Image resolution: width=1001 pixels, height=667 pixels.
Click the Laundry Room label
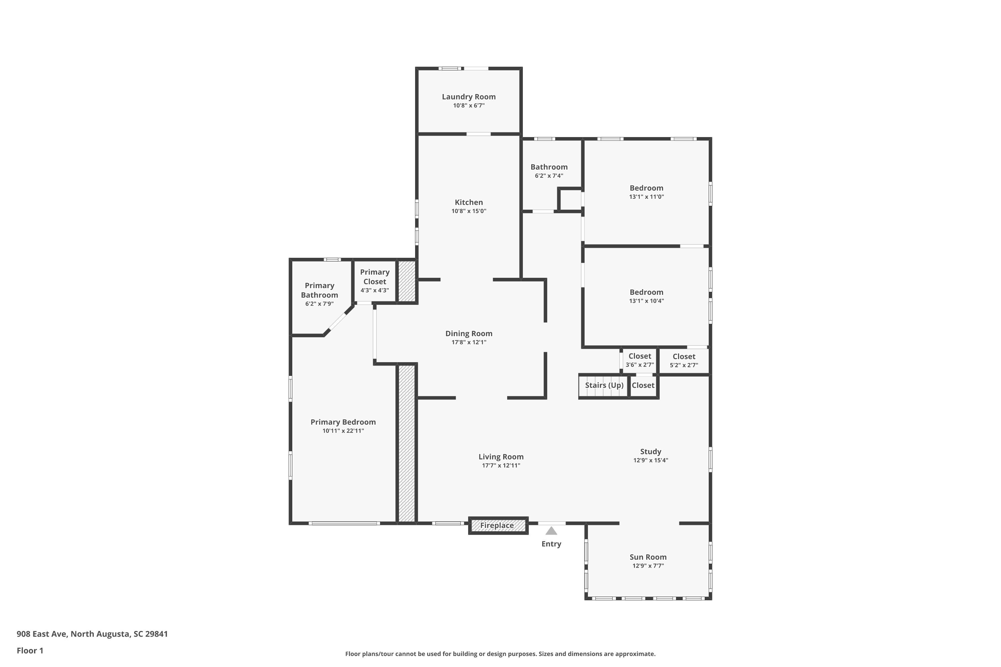(468, 97)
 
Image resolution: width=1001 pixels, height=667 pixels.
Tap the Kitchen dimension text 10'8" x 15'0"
(468, 211)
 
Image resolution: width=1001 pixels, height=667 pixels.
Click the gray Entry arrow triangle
(551, 531)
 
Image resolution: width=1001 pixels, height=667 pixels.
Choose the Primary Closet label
(374, 276)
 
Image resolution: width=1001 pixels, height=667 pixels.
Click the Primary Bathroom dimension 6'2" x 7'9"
(319, 304)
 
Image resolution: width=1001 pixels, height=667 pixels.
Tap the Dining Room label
(468, 333)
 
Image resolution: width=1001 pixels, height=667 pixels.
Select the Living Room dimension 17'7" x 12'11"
(501, 465)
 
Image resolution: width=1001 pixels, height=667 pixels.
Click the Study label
(650, 452)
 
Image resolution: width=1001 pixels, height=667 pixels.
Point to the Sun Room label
(648, 557)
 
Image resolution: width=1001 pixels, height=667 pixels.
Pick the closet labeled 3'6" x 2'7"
(640, 360)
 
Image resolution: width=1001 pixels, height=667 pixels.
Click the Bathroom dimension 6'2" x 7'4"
(549, 176)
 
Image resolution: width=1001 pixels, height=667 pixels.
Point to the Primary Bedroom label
(343, 422)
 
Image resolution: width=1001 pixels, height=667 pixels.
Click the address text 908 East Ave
(41, 634)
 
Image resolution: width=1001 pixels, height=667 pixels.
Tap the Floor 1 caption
(30, 650)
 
